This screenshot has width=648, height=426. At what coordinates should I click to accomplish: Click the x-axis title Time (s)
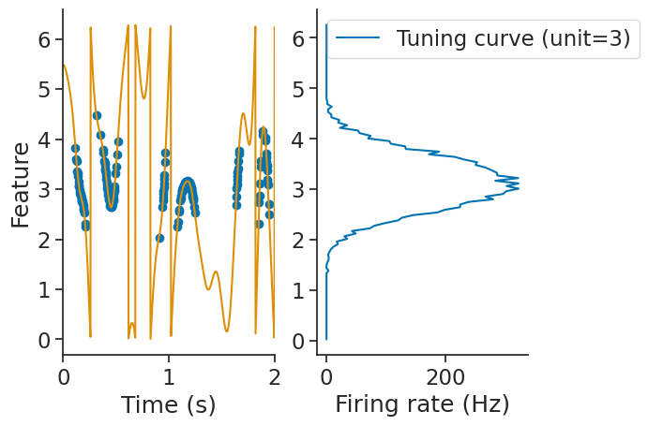point(168,404)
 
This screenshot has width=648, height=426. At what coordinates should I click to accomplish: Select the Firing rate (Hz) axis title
point(422,404)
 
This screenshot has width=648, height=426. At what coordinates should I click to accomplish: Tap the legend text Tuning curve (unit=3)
point(513,38)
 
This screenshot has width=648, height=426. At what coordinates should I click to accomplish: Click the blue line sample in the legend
point(357,38)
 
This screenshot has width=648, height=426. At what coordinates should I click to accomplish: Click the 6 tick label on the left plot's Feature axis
point(43,39)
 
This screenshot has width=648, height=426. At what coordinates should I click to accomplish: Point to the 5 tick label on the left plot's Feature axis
point(43,90)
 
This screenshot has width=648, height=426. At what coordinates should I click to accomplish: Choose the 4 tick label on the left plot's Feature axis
point(43,140)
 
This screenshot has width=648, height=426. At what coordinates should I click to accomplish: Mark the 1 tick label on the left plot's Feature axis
point(43,289)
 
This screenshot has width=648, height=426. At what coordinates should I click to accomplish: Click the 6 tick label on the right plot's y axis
point(297,39)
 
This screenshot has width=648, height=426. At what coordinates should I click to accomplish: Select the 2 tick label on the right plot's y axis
point(297,240)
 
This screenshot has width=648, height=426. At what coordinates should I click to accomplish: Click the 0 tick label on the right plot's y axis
point(297,340)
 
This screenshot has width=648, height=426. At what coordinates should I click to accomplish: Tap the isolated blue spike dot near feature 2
point(159,238)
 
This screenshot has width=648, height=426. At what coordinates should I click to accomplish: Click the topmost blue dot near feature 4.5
point(97,115)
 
